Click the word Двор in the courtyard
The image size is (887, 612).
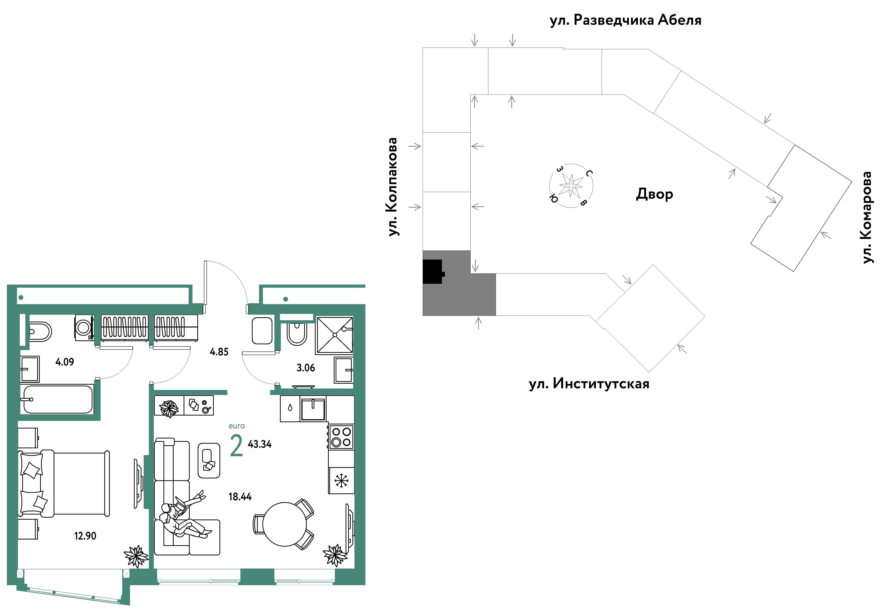click(654, 194)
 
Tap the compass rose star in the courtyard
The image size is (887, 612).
click(571, 186)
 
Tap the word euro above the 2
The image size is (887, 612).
click(236, 426)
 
